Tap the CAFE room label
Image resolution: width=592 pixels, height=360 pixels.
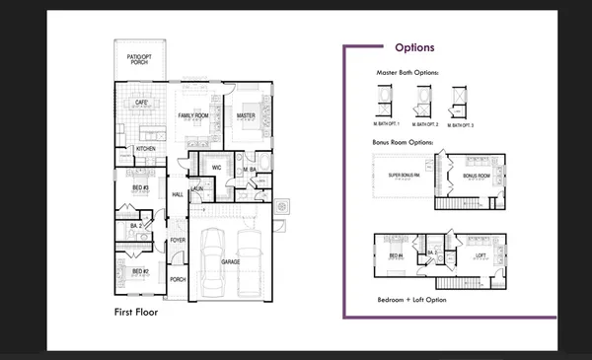(x=141, y=102)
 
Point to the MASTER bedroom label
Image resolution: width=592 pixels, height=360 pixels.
(x=247, y=115)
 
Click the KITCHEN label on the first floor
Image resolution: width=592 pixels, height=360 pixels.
(x=146, y=149)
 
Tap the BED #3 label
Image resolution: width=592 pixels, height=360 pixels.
(x=140, y=187)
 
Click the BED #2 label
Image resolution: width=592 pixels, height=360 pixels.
(x=140, y=271)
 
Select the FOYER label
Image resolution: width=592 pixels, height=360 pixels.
(x=178, y=240)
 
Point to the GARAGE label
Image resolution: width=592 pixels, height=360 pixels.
(x=231, y=262)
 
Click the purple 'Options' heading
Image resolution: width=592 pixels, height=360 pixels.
(x=413, y=46)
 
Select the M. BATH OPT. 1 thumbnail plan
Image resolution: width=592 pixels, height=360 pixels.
(x=386, y=101)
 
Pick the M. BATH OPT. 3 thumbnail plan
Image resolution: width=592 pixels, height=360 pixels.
(x=459, y=101)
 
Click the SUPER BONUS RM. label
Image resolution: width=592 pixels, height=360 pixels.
(x=389, y=175)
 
